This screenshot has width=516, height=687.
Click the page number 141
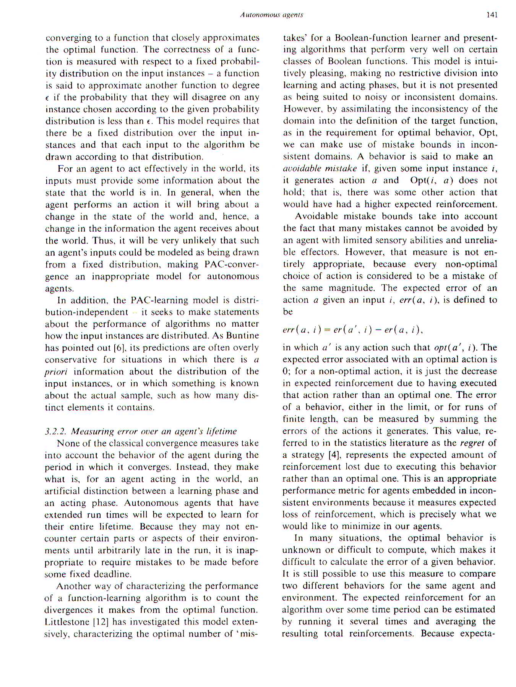click(492, 15)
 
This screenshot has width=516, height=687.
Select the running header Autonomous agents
click(271, 15)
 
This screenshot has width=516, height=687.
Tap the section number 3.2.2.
click(55, 431)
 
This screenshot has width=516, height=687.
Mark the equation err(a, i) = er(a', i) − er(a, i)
click(352, 330)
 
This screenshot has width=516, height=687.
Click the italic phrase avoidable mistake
click(320, 169)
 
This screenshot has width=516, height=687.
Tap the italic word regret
click(472, 443)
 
